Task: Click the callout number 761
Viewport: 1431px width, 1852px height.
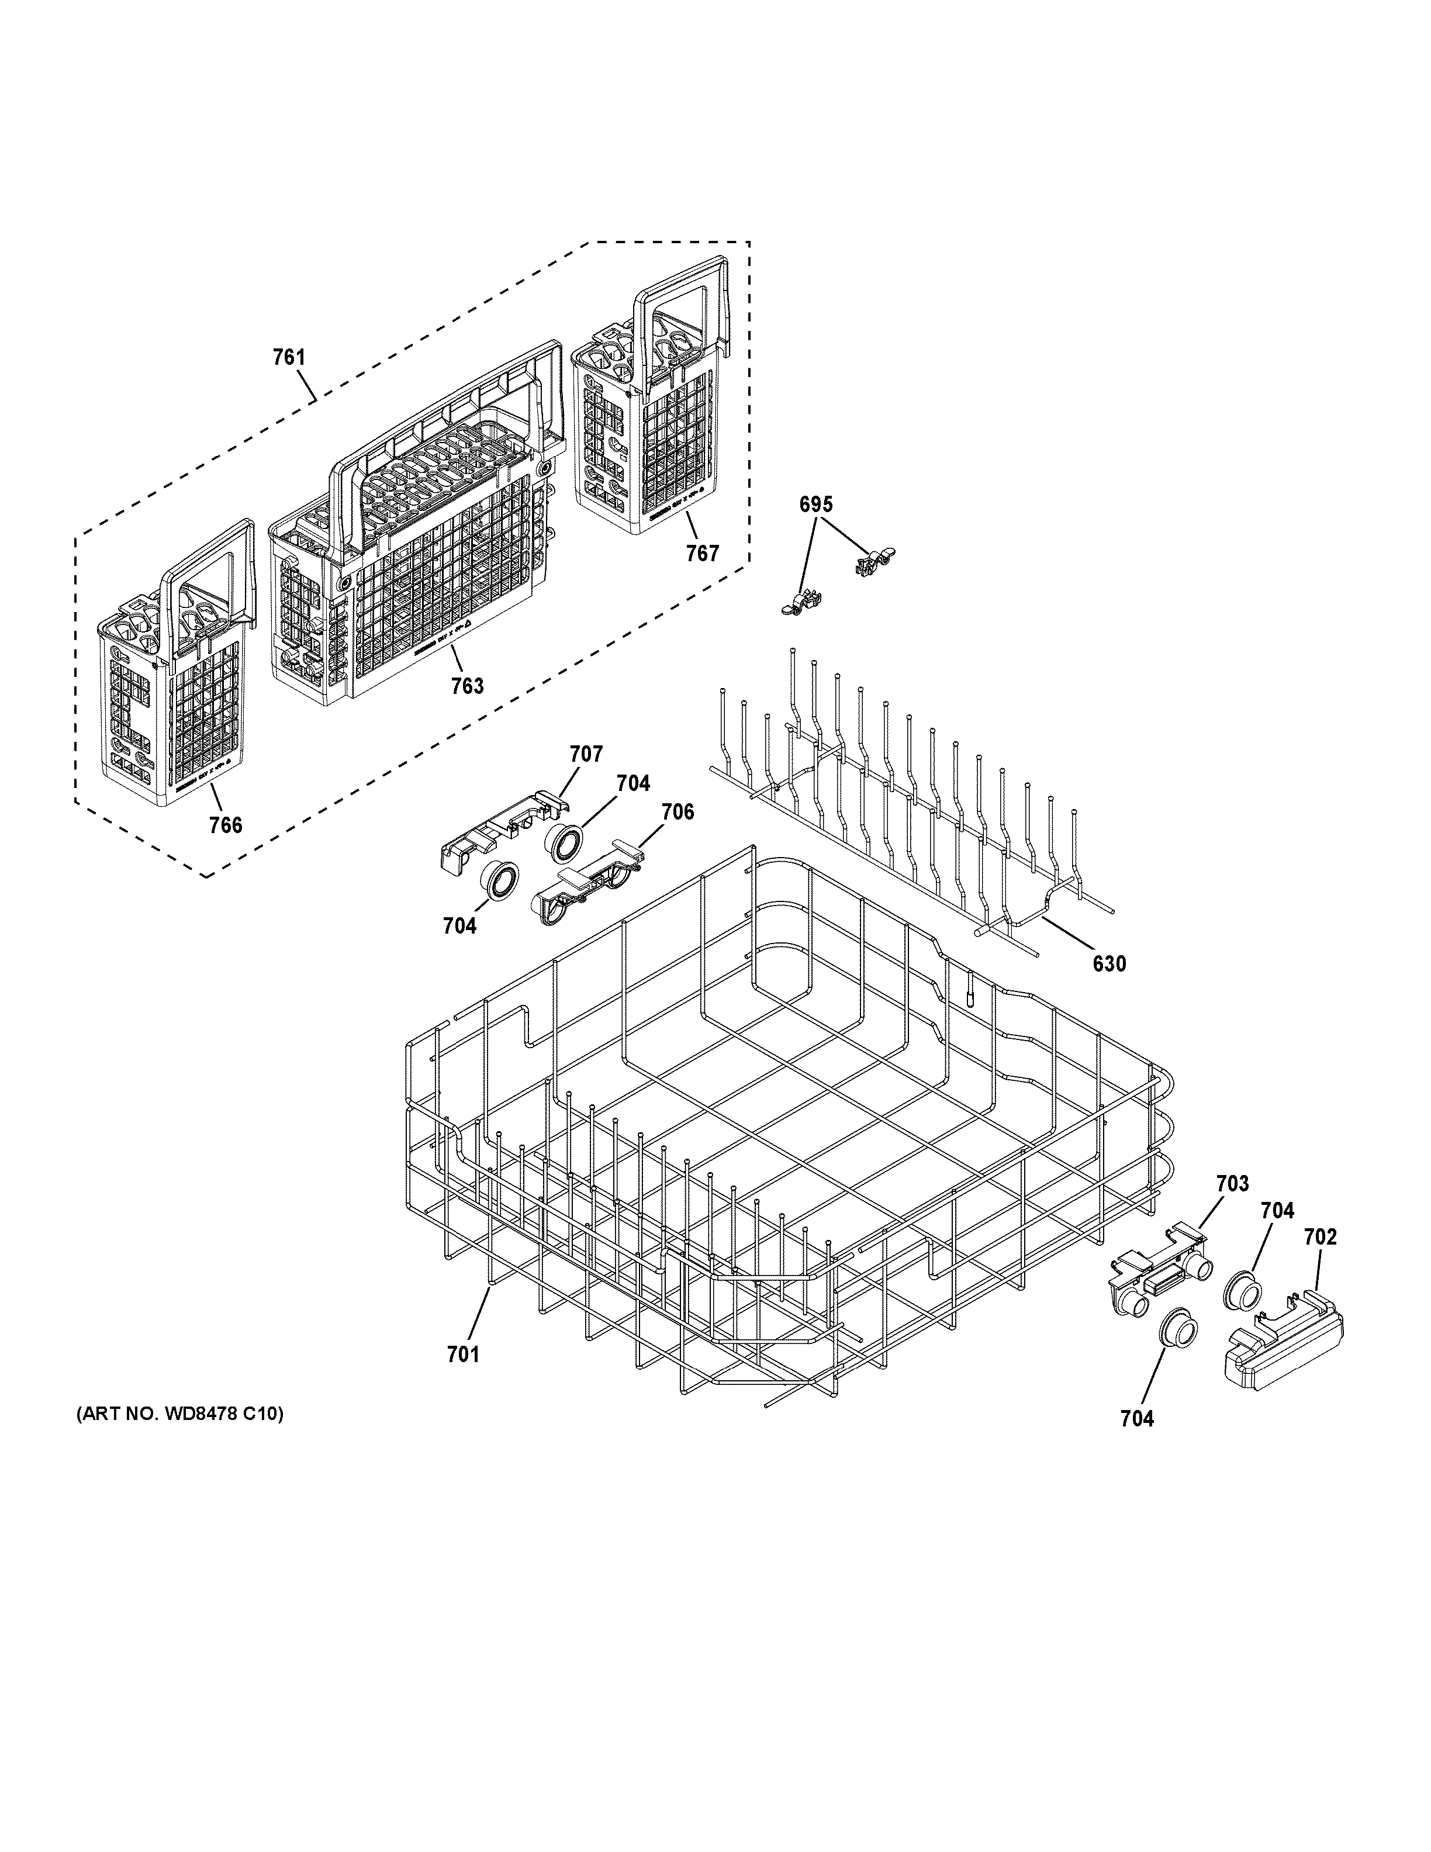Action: [x=288, y=358]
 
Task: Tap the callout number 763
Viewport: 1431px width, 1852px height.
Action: [x=467, y=685]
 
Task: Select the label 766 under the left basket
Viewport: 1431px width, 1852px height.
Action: [x=226, y=824]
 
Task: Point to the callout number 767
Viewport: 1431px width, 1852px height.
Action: [x=702, y=553]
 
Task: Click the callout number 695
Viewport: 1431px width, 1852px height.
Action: [x=815, y=505]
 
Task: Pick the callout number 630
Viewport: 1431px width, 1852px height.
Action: [x=1109, y=963]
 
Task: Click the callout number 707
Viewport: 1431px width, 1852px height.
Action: [x=586, y=754]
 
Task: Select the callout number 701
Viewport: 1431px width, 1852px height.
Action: [x=463, y=1355]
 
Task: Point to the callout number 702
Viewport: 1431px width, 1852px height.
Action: [x=1320, y=1237]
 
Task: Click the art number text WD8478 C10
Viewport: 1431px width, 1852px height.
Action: [x=179, y=1414]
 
